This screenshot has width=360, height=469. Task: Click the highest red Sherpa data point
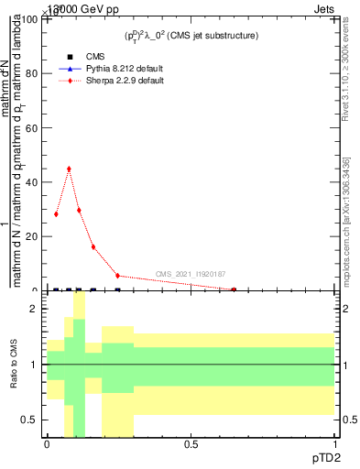(x=69, y=169)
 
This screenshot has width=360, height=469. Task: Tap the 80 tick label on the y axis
(x=34, y=74)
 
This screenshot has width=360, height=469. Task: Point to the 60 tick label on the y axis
(x=34, y=128)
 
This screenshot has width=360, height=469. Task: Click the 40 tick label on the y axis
(x=34, y=182)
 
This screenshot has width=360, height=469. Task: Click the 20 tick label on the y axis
(x=34, y=236)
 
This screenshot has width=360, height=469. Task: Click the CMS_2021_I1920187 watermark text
(x=190, y=274)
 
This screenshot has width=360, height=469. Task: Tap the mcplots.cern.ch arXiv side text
(x=347, y=216)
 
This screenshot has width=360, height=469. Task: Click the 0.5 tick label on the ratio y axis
(x=31, y=420)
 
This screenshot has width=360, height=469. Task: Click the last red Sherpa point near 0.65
(x=234, y=289)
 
